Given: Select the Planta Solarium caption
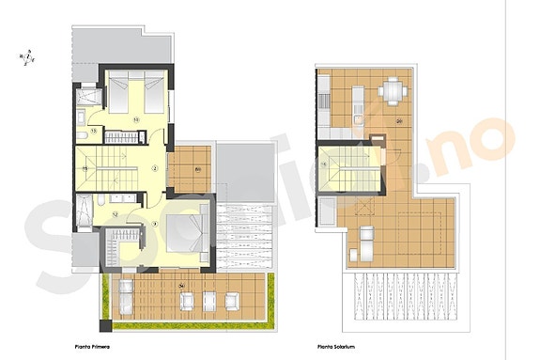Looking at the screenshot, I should pos(336,346).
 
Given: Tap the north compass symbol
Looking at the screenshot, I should pos(30,58).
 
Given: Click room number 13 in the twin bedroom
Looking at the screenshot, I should pos(137,119).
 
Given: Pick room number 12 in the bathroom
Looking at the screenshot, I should pos(115,214).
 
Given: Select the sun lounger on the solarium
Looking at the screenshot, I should pos(361,246).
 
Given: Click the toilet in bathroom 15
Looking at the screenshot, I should pos(85,135).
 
